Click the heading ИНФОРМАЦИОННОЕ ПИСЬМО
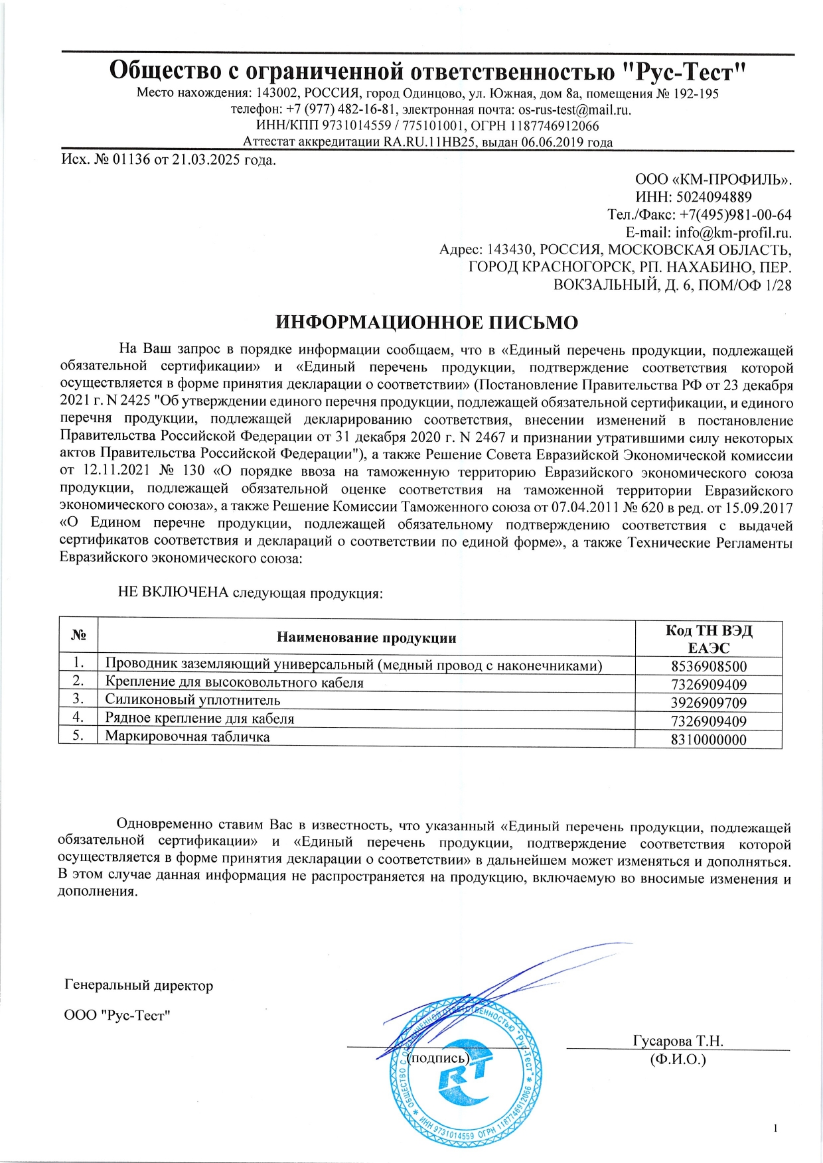pyautogui.click(x=427, y=322)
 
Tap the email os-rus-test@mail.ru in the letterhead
pyautogui.click(x=574, y=110)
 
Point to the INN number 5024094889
pyautogui.click(x=713, y=197)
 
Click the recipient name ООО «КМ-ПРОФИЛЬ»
pyautogui.click(x=713, y=180)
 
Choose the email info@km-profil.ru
pyautogui.click(x=733, y=233)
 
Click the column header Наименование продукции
pyautogui.click(x=366, y=638)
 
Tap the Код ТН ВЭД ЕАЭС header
pyautogui.click(x=708, y=639)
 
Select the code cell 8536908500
pyautogui.click(x=708, y=667)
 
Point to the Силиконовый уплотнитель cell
pyautogui.click(x=192, y=700)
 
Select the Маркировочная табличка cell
pyautogui.click(x=187, y=736)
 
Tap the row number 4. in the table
pyautogui.click(x=78, y=717)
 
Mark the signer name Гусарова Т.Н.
pyautogui.click(x=678, y=1041)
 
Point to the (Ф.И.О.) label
pyautogui.click(x=678, y=1059)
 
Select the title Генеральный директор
pyautogui.click(x=139, y=985)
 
